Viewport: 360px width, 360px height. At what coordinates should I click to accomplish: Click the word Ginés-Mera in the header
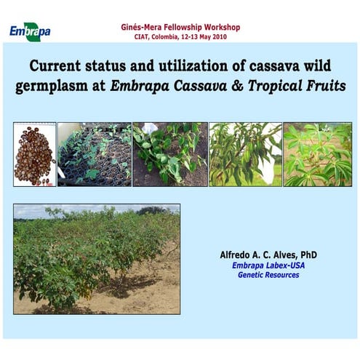click(143, 28)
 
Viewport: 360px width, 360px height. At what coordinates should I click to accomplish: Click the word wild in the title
click(312, 65)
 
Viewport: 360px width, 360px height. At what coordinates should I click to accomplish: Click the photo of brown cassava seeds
click(34, 154)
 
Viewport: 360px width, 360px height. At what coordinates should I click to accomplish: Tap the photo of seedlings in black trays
click(94, 154)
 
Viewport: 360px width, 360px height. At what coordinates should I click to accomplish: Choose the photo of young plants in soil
click(169, 154)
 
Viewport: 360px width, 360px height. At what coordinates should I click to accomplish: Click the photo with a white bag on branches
click(244, 154)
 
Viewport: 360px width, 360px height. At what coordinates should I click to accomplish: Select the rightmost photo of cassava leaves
click(317, 154)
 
